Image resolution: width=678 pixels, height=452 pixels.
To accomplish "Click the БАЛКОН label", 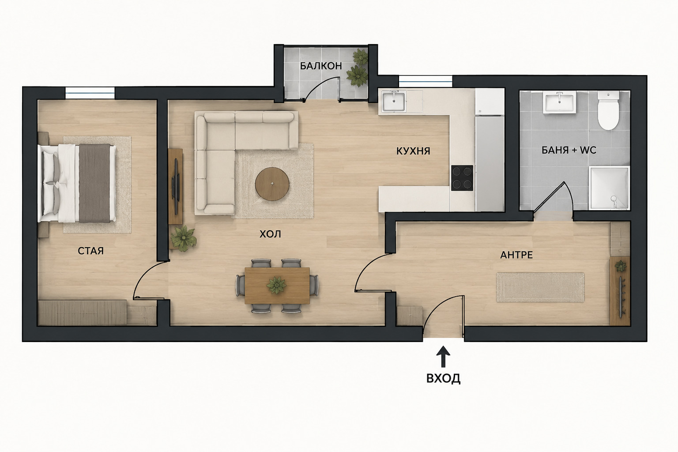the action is (x=321, y=66).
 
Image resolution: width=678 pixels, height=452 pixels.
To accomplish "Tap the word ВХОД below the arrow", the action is (x=444, y=378).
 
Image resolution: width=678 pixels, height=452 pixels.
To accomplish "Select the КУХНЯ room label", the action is (x=413, y=151).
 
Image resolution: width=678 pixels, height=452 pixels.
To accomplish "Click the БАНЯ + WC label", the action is (x=569, y=150).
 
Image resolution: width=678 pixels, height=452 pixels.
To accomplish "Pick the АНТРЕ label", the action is (x=516, y=255).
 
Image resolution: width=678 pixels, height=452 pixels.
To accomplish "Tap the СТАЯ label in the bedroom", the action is (x=90, y=251).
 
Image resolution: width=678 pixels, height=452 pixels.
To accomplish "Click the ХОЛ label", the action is (x=270, y=234).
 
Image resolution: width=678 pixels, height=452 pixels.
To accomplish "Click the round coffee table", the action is (x=272, y=184).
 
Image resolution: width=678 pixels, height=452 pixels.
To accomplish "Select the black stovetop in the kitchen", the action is (x=462, y=178).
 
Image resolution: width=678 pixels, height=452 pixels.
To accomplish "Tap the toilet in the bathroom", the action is (x=608, y=111).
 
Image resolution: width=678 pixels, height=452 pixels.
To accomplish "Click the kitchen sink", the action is (x=393, y=102).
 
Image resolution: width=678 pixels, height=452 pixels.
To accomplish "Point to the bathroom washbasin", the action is (x=559, y=102).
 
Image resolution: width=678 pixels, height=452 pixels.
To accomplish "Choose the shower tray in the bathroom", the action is (x=609, y=188).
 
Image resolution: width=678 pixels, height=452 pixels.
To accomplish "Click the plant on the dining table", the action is (x=276, y=285).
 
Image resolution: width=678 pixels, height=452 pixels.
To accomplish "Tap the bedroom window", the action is (x=90, y=93).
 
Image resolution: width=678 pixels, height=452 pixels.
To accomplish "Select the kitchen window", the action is (x=426, y=81).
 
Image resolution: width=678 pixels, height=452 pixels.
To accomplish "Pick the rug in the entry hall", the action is (x=540, y=287).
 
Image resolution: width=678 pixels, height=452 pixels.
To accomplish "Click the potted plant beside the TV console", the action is (x=184, y=238).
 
